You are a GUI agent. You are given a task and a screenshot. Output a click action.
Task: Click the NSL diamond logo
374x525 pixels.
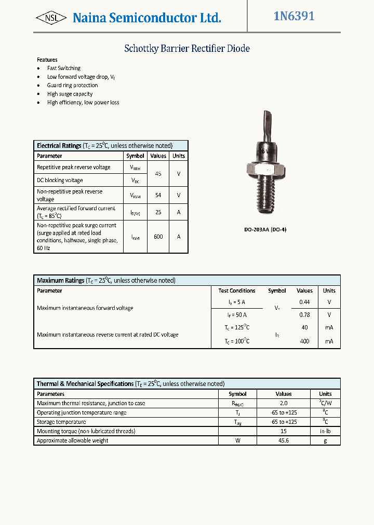click(51, 18)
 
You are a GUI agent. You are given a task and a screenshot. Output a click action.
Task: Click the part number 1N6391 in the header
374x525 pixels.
click(294, 17)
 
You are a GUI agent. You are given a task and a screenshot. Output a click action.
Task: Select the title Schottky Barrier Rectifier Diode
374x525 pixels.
click(187, 49)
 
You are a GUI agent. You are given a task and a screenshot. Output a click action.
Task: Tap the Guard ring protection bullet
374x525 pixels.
click(72, 85)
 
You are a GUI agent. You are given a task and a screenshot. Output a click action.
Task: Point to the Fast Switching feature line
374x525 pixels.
click(63, 68)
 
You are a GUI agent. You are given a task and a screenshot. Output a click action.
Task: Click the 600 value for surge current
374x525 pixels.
click(158, 237)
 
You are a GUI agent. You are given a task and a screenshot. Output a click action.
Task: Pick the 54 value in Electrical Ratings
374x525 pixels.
click(158, 195)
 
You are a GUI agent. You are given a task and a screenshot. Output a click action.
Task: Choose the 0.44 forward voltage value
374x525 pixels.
click(304, 301)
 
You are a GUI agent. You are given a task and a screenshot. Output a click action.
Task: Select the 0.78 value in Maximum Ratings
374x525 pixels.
click(304, 314)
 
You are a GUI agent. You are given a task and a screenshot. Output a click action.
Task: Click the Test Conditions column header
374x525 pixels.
click(237, 291)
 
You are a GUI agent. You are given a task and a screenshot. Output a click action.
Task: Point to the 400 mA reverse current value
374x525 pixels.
click(304, 341)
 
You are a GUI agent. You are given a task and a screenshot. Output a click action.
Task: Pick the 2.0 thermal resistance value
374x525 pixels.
click(284, 403)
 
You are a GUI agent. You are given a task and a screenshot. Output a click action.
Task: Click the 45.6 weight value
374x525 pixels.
click(284, 440)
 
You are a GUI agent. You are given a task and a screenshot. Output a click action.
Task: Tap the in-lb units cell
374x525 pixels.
click(325, 431)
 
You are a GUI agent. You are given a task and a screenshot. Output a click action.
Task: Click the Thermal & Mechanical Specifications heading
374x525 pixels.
click(85, 384)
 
